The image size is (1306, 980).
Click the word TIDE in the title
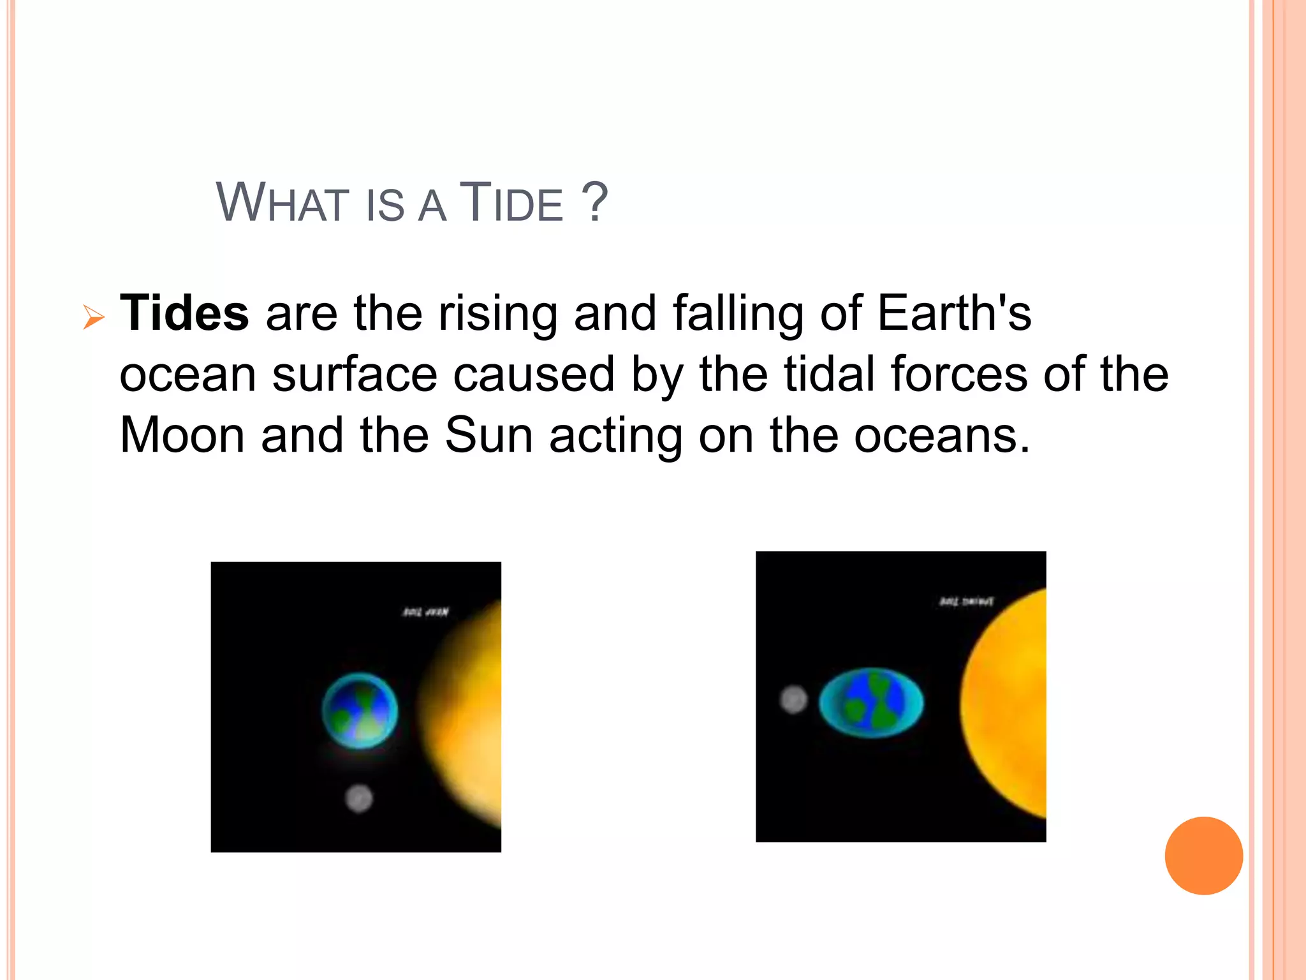(x=511, y=204)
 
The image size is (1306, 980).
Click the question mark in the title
(x=595, y=202)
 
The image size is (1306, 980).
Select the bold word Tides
(x=184, y=313)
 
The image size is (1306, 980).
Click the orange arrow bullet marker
(x=94, y=317)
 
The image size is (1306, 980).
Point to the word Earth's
(x=954, y=313)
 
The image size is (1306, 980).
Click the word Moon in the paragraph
(x=182, y=436)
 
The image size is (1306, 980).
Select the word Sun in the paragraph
(x=488, y=436)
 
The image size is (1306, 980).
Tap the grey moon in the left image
(x=358, y=798)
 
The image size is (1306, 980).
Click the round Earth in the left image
(x=360, y=711)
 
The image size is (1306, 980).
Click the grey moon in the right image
(x=793, y=699)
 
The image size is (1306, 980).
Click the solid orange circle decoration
(x=1203, y=856)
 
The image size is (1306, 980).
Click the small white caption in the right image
(x=966, y=602)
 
